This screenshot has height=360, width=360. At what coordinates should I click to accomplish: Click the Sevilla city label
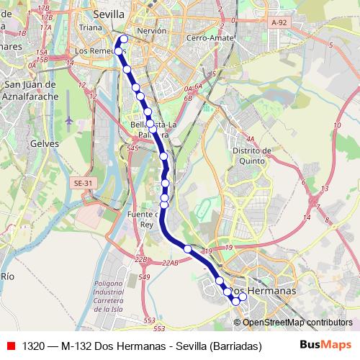[x=109, y=14]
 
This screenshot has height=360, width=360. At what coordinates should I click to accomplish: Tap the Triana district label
[x=91, y=27]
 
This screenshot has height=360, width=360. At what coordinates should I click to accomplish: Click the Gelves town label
[x=44, y=143]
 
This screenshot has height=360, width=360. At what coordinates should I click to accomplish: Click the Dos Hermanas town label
[x=272, y=290]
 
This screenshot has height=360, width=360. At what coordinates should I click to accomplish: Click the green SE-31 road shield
[x=84, y=184]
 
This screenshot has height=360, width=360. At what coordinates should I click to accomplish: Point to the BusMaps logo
[x=325, y=344]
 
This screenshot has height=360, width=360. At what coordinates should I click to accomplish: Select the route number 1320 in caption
[x=34, y=345]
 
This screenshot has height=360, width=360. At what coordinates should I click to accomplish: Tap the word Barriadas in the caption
[x=234, y=345]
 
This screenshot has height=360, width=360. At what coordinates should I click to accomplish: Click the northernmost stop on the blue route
[x=124, y=39]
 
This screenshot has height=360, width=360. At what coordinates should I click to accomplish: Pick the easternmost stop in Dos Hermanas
[x=243, y=297]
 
